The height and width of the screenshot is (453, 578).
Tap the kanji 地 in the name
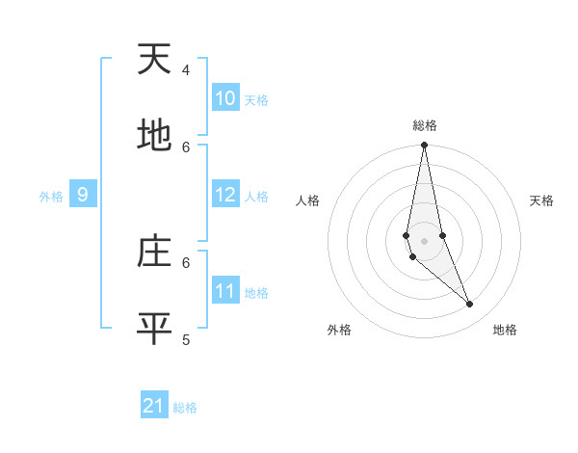click(x=154, y=136)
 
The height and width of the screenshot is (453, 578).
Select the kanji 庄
click(x=154, y=252)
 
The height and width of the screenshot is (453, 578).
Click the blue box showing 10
click(x=225, y=98)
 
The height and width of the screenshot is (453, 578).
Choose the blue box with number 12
click(x=225, y=195)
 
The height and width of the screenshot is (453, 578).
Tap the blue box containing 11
click(x=225, y=291)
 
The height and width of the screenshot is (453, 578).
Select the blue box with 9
click(x=83, y=195)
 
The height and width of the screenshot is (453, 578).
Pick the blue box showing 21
click(x=154, y=406)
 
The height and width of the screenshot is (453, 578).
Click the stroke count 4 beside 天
click(x=186, y=70)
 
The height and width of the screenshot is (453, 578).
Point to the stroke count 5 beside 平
click(x=186, y=339)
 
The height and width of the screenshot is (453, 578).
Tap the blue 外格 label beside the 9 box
click(x=51, y=197)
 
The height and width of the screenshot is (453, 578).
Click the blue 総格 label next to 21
click(x=185, y=408)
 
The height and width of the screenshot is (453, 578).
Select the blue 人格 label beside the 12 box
click(x=256, y=197)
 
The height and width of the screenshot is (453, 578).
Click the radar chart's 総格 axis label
click(x=425, y=125)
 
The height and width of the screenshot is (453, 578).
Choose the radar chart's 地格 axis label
click(x=505, y=330)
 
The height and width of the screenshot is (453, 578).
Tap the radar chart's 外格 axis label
click(x=339, y=330)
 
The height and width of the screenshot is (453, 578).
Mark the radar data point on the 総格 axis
click(x=424, y=146)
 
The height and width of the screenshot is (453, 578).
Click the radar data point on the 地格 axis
click(x=470, y=305)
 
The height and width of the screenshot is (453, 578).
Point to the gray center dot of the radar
click(x=424, y=241)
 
